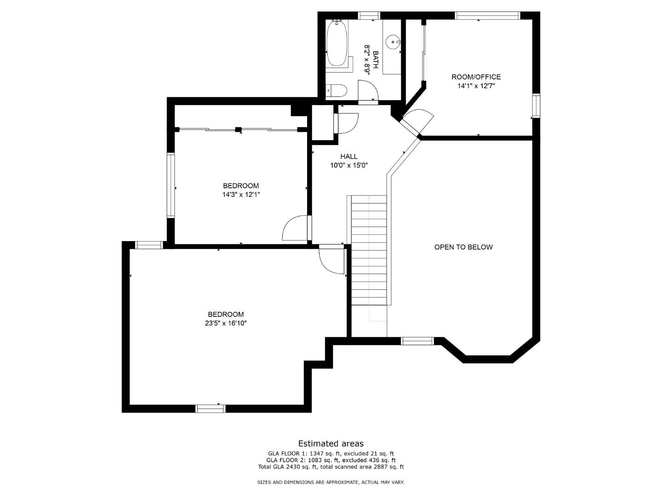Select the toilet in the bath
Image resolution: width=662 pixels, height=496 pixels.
336,90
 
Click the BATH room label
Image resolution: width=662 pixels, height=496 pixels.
376,59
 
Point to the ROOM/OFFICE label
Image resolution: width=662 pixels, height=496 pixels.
476,77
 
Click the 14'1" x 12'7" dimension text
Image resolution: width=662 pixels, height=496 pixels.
476,86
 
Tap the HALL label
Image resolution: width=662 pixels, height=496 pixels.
348,156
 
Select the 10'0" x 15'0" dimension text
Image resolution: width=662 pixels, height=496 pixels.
349,165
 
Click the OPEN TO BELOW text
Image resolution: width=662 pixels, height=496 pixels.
463,247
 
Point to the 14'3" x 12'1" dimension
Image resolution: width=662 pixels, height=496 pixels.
241,195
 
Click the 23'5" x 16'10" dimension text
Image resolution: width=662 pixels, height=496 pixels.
226,323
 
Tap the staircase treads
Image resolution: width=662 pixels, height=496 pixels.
369,250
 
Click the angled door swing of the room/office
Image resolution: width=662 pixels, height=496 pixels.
417,120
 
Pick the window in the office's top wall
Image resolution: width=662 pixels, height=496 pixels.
487,15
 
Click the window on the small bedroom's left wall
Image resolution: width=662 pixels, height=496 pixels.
171,185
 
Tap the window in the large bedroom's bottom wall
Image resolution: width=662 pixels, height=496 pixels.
211,409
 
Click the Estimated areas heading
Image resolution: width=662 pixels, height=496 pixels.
331,444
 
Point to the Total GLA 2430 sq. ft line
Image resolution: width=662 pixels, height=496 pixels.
331,467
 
